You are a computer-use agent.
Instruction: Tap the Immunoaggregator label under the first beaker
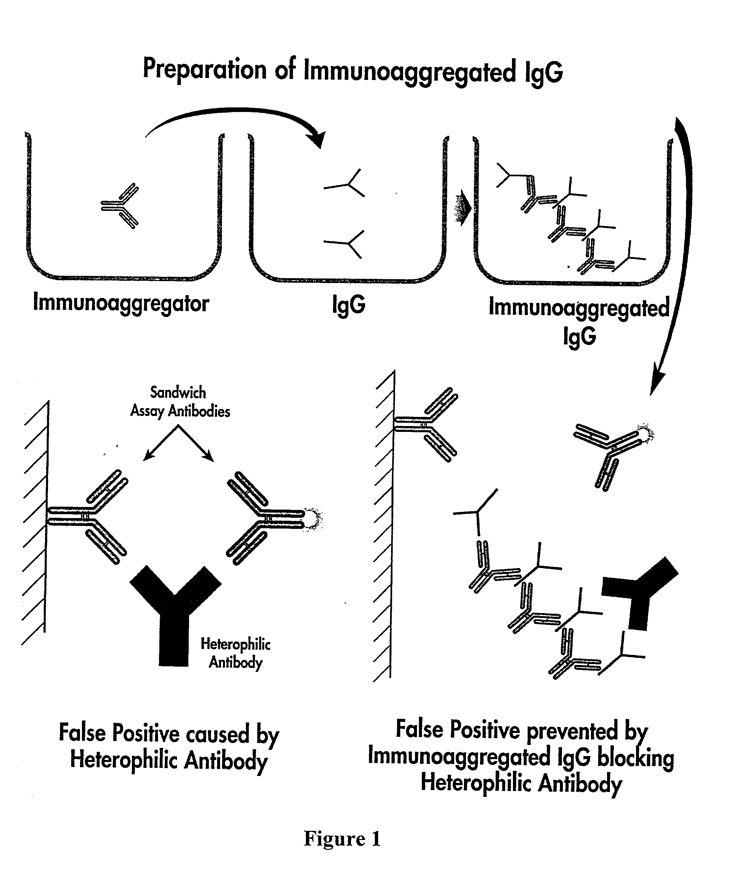121,303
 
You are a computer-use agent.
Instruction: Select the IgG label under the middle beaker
349,305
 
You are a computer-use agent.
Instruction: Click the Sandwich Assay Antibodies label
180,402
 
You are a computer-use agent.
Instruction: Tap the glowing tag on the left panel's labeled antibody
314,519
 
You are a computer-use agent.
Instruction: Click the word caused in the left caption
217,734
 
